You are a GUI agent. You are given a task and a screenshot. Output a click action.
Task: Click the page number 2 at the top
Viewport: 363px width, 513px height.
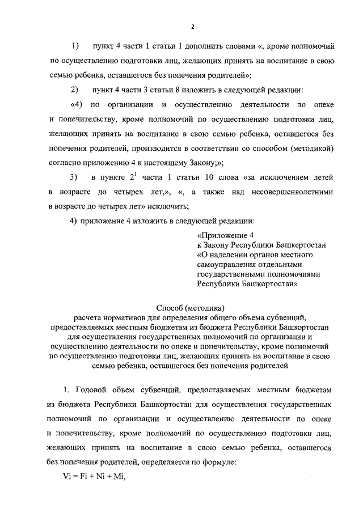[193, 27]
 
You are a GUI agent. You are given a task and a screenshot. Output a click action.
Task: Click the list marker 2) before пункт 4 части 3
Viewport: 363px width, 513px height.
[75, 90]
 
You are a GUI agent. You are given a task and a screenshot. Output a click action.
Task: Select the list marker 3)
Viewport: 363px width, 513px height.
[75, 178]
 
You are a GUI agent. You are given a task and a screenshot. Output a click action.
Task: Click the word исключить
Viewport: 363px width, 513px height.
[168, 207]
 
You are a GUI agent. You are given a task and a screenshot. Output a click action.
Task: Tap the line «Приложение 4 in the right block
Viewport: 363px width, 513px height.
[222, 235]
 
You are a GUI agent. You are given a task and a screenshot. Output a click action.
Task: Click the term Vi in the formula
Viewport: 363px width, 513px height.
[53, 479]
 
